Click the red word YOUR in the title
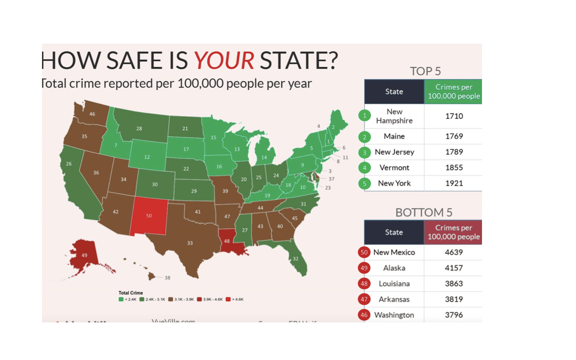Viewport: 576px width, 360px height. (224, 60)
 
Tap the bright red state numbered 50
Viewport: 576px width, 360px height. (149, 216)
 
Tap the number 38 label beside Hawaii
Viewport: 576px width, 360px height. (167, 278)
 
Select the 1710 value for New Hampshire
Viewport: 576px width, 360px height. (454, 116)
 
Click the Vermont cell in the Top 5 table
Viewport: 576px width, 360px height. (394, 168)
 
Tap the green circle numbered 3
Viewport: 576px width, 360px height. (364, 152)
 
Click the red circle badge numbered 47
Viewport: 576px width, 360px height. (364, 299)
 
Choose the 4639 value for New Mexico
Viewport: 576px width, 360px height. (454, 252)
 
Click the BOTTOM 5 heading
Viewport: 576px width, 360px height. (424, 212)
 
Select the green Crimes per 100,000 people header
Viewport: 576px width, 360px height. (454, 92)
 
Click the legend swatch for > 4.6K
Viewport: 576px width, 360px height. (228, 299)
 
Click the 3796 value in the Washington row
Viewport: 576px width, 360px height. (454, 315)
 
